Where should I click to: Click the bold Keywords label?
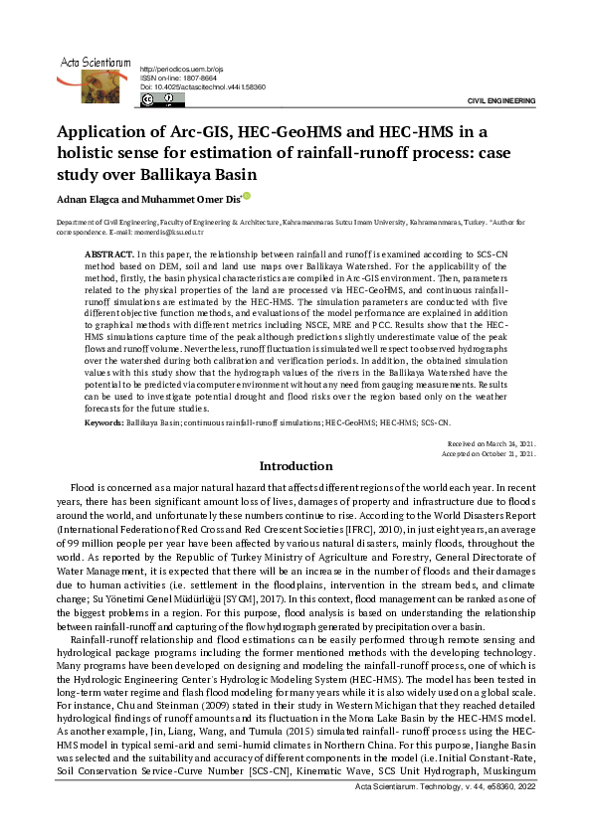(103, 422)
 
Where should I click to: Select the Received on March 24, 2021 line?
(493, 443)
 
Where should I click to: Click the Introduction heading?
(296, 466)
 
